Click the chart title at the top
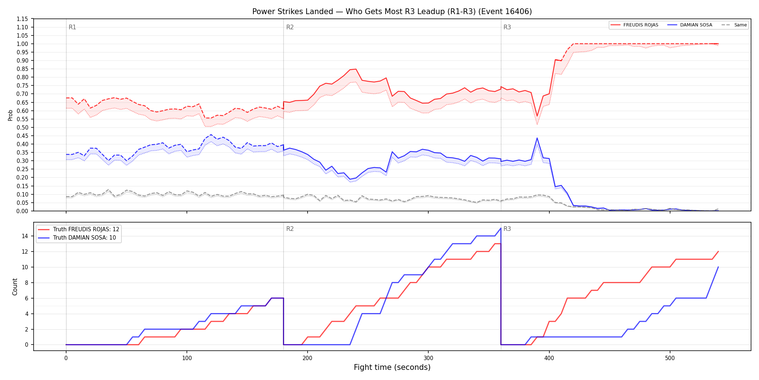tap(392, 12)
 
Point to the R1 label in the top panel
tap(72, 27)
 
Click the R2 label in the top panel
tap(290, 27)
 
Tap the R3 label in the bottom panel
tap(507, 229)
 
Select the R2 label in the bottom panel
tap(290, 229)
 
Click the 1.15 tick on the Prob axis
tap(22, 19)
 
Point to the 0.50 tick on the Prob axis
tap(22, 127)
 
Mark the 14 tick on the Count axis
tap(25, 236)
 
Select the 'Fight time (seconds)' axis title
tap(392, 367)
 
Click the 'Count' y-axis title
tap(15, 287)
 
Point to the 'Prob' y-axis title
tap(10, 115)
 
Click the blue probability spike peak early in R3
tap(537, 138)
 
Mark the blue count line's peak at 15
tap(501, 228)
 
